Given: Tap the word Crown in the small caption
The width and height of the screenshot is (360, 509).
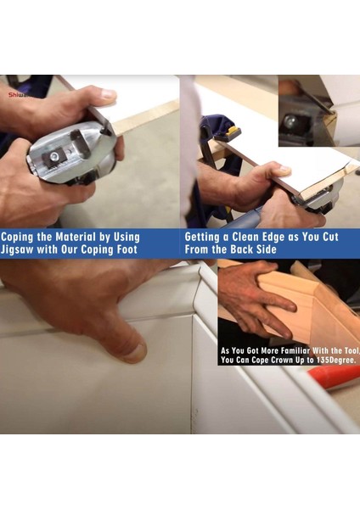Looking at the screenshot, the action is [x=282, y=360].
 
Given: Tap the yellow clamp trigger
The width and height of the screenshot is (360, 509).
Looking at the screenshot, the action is [x=234, y=131].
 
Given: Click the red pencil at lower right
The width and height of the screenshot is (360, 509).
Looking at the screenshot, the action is [x=334, y=378].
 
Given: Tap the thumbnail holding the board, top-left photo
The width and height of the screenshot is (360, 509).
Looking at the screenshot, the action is [x=108, y=94].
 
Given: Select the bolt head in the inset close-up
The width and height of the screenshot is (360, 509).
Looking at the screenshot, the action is [x=290, y=121].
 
